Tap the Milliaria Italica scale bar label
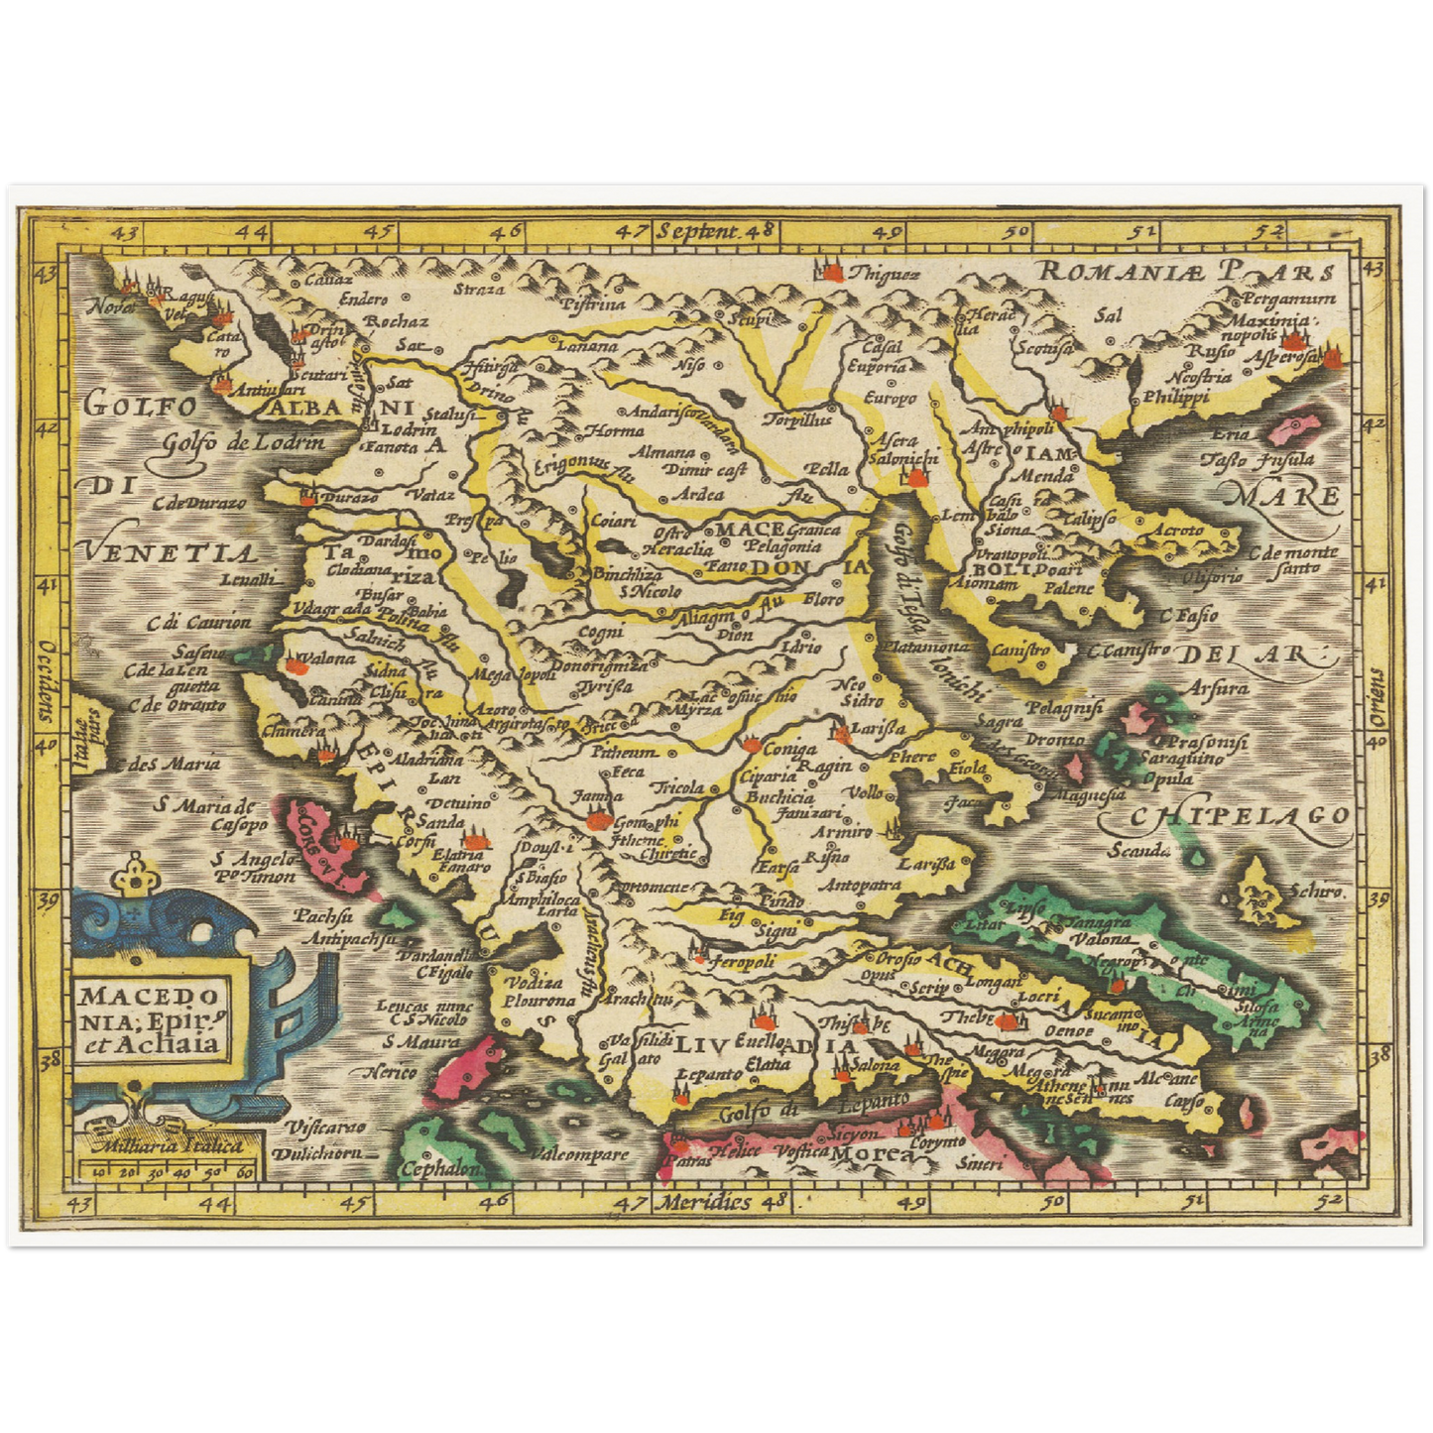tap(166, 1144)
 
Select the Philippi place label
tap(1177, 397)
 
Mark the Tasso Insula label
tap(1257, 459)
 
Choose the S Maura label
tap(422, 1042)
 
